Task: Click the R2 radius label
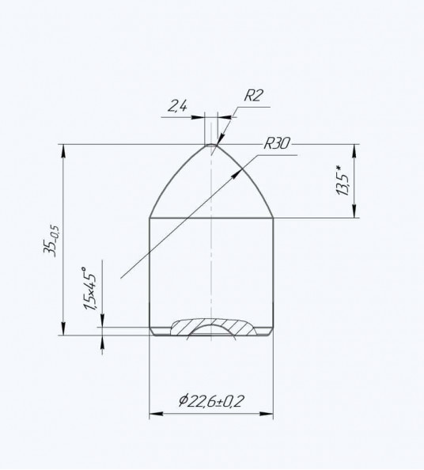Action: tap(253, 96)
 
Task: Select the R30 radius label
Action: tap(277, 143)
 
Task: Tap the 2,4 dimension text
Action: tap(176, 106)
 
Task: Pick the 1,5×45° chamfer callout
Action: tap(90, 288)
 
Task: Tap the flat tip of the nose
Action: tap(211, 145)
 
